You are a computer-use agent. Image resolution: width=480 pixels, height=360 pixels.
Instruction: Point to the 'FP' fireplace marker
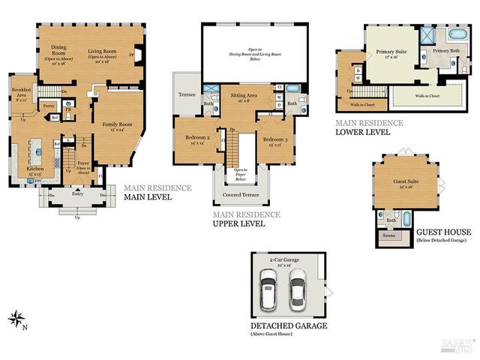(132, 55)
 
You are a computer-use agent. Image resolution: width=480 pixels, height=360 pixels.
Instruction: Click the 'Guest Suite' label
(406, 181)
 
